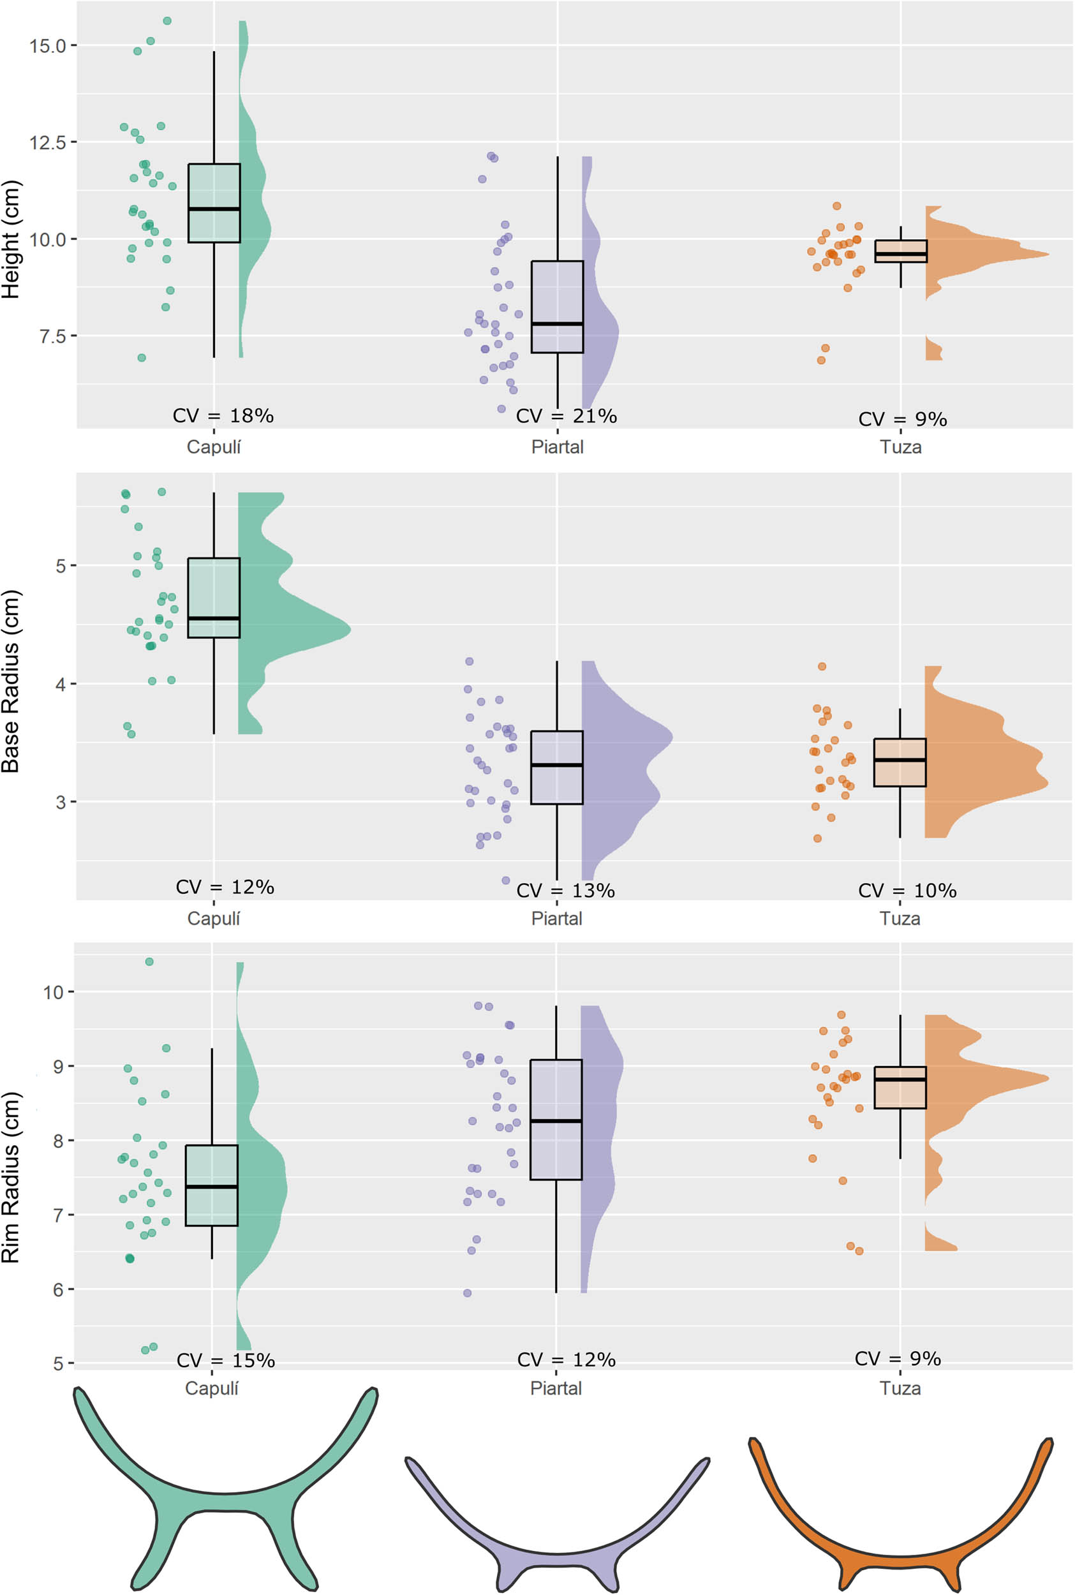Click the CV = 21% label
tap(567, 416)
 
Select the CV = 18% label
tap(223, 415)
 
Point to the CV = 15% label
tap(226, 1361)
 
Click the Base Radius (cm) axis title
tap(11, 681)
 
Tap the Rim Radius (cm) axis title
tap(11, 1177)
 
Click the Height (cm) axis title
tap(11, 239)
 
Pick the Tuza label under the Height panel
tap(900, 448)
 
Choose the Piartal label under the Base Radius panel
tap(556, 919)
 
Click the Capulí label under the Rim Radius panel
tap(211, 1389)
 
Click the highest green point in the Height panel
tap(167, 21)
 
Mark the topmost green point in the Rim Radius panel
tap(149, 961)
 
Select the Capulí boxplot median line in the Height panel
tap(214, 209)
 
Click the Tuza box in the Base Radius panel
tap(900, 762)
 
